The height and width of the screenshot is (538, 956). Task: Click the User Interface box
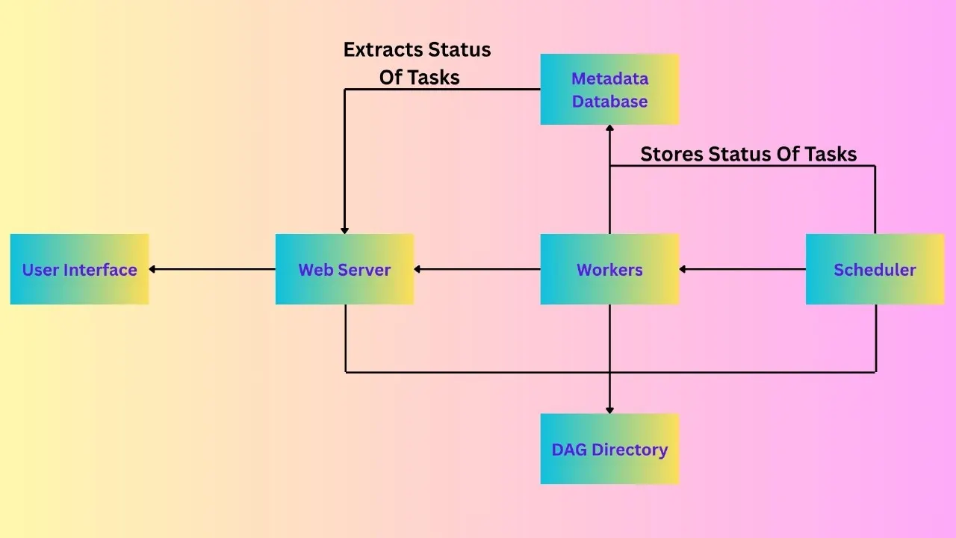pos(79,269)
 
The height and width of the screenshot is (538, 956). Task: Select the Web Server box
pos(344,269)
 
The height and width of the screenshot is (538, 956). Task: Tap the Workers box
pos(609,269)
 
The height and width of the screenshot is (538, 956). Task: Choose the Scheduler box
pos(875,269)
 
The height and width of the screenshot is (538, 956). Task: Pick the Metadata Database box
pos(609,89)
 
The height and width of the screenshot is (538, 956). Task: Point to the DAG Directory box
pos(609,449)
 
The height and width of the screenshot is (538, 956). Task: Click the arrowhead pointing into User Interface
pos(153,269)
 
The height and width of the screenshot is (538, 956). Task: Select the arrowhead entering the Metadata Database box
pos(609,129)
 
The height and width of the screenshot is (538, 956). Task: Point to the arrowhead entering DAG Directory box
pos(609,409)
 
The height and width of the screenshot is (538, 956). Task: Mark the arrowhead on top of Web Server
pos(344,229)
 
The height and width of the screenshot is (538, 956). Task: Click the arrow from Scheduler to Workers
pos(742,269)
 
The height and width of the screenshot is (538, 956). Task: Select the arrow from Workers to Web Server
pos(477,269)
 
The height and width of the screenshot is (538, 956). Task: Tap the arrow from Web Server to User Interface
pos(212,269)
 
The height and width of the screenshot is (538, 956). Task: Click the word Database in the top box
pos(609,102)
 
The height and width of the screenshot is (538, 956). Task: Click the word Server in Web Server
pos(367,270)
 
